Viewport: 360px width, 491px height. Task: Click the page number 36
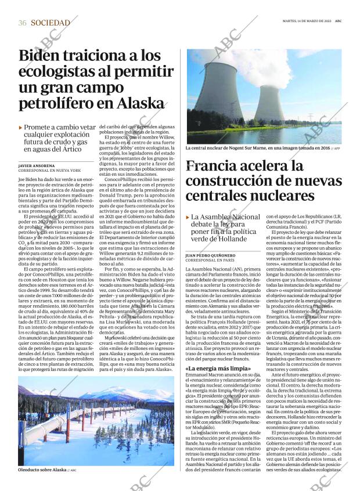pyautogui.click(x=22, y=23)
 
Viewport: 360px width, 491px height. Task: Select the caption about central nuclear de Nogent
pyautogui.click(x=261, y=149)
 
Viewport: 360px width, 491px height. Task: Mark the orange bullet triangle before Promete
pyautogui.click(x=20, y=127)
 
